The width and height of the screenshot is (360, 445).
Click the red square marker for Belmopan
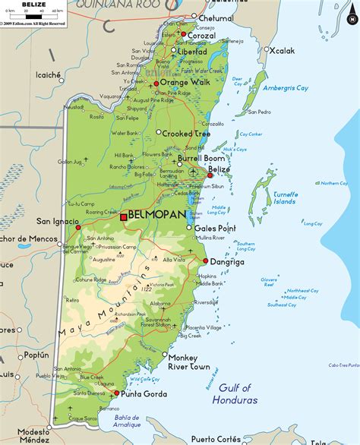123,217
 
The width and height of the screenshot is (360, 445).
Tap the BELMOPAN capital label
157,216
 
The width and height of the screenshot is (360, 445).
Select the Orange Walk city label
184,83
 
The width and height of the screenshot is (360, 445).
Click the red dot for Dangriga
205,260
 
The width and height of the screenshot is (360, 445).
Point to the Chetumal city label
216,18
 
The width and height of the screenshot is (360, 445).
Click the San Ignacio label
56,221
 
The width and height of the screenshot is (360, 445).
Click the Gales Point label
215,228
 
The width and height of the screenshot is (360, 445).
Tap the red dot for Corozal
183,34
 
